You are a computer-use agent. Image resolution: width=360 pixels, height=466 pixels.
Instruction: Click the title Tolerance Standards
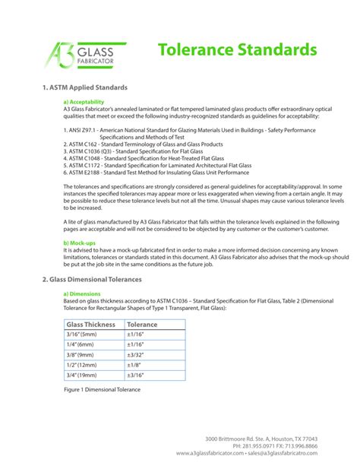click(x=237, y=50)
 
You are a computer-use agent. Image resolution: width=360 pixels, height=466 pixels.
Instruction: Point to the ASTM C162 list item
click(x=143, y=143)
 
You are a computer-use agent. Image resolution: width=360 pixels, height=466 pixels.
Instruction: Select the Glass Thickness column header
click(x=91, y=325)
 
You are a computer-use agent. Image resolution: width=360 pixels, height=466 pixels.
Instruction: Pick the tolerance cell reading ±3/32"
click(x=138, y=353)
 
